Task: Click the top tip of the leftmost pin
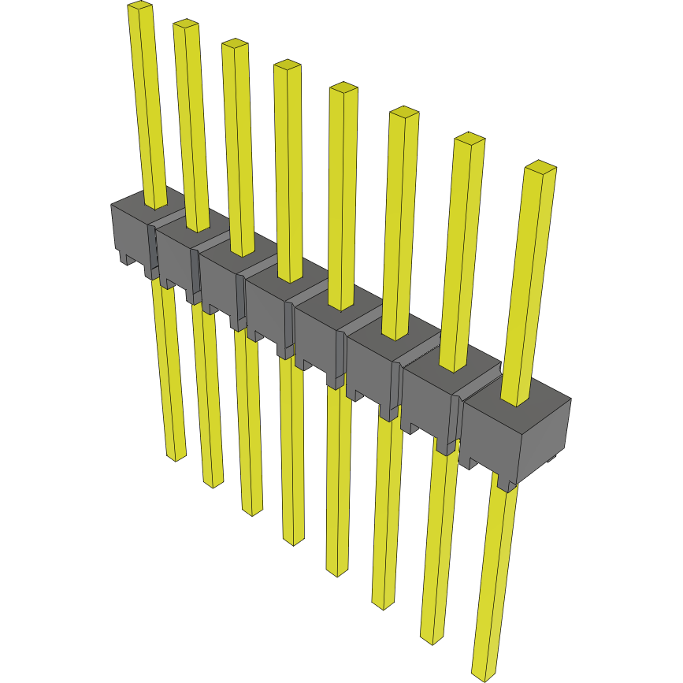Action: [139, 6]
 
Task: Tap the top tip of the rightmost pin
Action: [540, 166]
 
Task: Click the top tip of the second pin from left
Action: [186, 24]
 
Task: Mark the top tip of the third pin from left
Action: [235, 44]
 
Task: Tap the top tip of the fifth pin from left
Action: [343, 87]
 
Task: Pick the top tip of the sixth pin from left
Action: [403, 112]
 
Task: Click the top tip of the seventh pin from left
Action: [470, 139]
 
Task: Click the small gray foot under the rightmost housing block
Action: [507, 483]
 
